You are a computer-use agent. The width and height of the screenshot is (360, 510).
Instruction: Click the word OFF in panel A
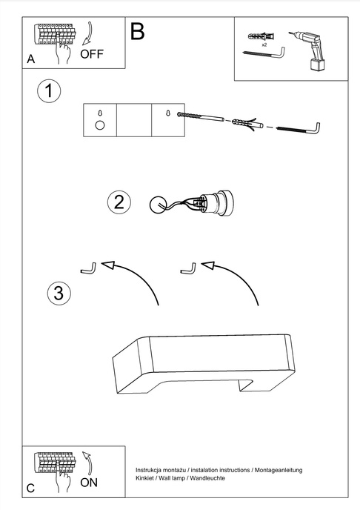coord(92,54)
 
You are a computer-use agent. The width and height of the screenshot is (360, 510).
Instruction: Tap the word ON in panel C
coord(89,483)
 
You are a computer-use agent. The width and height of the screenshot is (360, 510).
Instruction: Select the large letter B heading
coord(137,32)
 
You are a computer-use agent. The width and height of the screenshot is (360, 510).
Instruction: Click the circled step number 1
coord(49,90)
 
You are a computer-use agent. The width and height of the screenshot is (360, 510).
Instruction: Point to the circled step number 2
coord(119,202)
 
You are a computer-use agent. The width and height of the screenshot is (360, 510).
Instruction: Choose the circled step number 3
coord(59,293)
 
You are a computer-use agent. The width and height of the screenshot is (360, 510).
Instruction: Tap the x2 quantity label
coord(264,45)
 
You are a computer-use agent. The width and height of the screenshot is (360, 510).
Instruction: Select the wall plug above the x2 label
coord(261,36)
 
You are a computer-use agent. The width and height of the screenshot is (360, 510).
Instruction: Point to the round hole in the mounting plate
coord(100,125)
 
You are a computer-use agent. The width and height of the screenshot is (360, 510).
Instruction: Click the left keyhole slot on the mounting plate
coord(100,113)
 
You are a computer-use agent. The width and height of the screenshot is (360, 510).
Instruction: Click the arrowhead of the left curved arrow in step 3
coord(108,265)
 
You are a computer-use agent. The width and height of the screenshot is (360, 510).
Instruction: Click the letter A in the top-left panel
coord(31,59)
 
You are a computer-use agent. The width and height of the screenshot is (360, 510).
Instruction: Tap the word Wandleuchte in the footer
coord(207,478)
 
